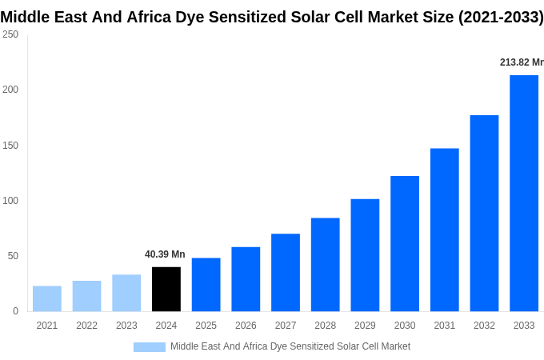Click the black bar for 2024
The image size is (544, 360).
(x=166, y=289)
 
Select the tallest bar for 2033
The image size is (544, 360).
(x=524, y=193)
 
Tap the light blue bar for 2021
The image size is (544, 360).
(x=47, y=298)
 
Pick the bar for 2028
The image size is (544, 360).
(x=325, y=264)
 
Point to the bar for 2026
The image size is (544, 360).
(x=246, y=278)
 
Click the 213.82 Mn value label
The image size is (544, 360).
(x=521, y=62)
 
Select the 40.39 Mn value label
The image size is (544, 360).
(x=165, y=254)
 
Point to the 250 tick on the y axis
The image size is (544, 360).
(x=10, y=34)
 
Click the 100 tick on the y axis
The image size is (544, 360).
(x=10, y=200)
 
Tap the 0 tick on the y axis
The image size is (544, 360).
(x=15, y=311)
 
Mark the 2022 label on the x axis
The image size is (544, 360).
(x=86, y=326)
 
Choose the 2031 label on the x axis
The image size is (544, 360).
(x=444, y=326)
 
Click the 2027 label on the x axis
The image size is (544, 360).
(x=286, y=326)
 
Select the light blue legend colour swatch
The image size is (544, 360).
(x=149, y=346)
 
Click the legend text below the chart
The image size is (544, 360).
(x=290, y=346)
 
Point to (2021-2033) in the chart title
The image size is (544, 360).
(x=500, y=17)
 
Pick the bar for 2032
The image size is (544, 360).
(x=484, y=213)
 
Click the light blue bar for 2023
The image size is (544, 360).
(x=126, y=293)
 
